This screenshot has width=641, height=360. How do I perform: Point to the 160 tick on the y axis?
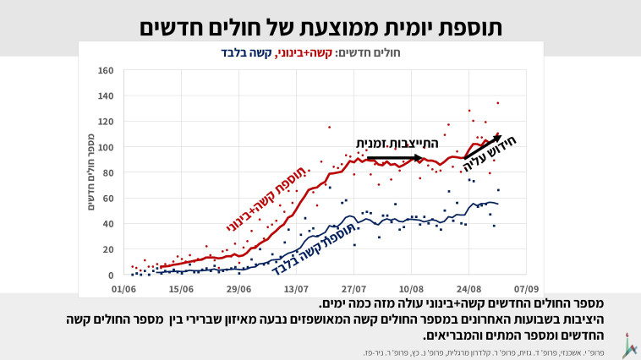tap(106, 70)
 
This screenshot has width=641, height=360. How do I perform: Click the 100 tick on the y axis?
tap(106, 147)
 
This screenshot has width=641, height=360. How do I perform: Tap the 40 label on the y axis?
tap(108, 224)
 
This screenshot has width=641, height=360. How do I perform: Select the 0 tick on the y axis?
tap(111, 275)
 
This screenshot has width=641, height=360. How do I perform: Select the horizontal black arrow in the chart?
tap(394, 157)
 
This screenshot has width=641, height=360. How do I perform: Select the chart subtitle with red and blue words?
tap(320, 52)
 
